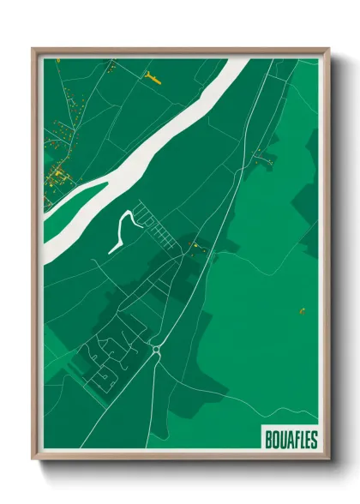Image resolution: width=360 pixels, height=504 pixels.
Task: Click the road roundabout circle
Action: coord(157,349)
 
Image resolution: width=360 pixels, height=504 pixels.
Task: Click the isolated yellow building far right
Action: coord(302,309)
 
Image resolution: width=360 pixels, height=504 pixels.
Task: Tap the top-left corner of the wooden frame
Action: coord(33,49)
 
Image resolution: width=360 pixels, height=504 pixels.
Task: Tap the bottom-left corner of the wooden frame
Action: coord(33,459)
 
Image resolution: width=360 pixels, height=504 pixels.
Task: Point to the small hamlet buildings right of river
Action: coord(261,156)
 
